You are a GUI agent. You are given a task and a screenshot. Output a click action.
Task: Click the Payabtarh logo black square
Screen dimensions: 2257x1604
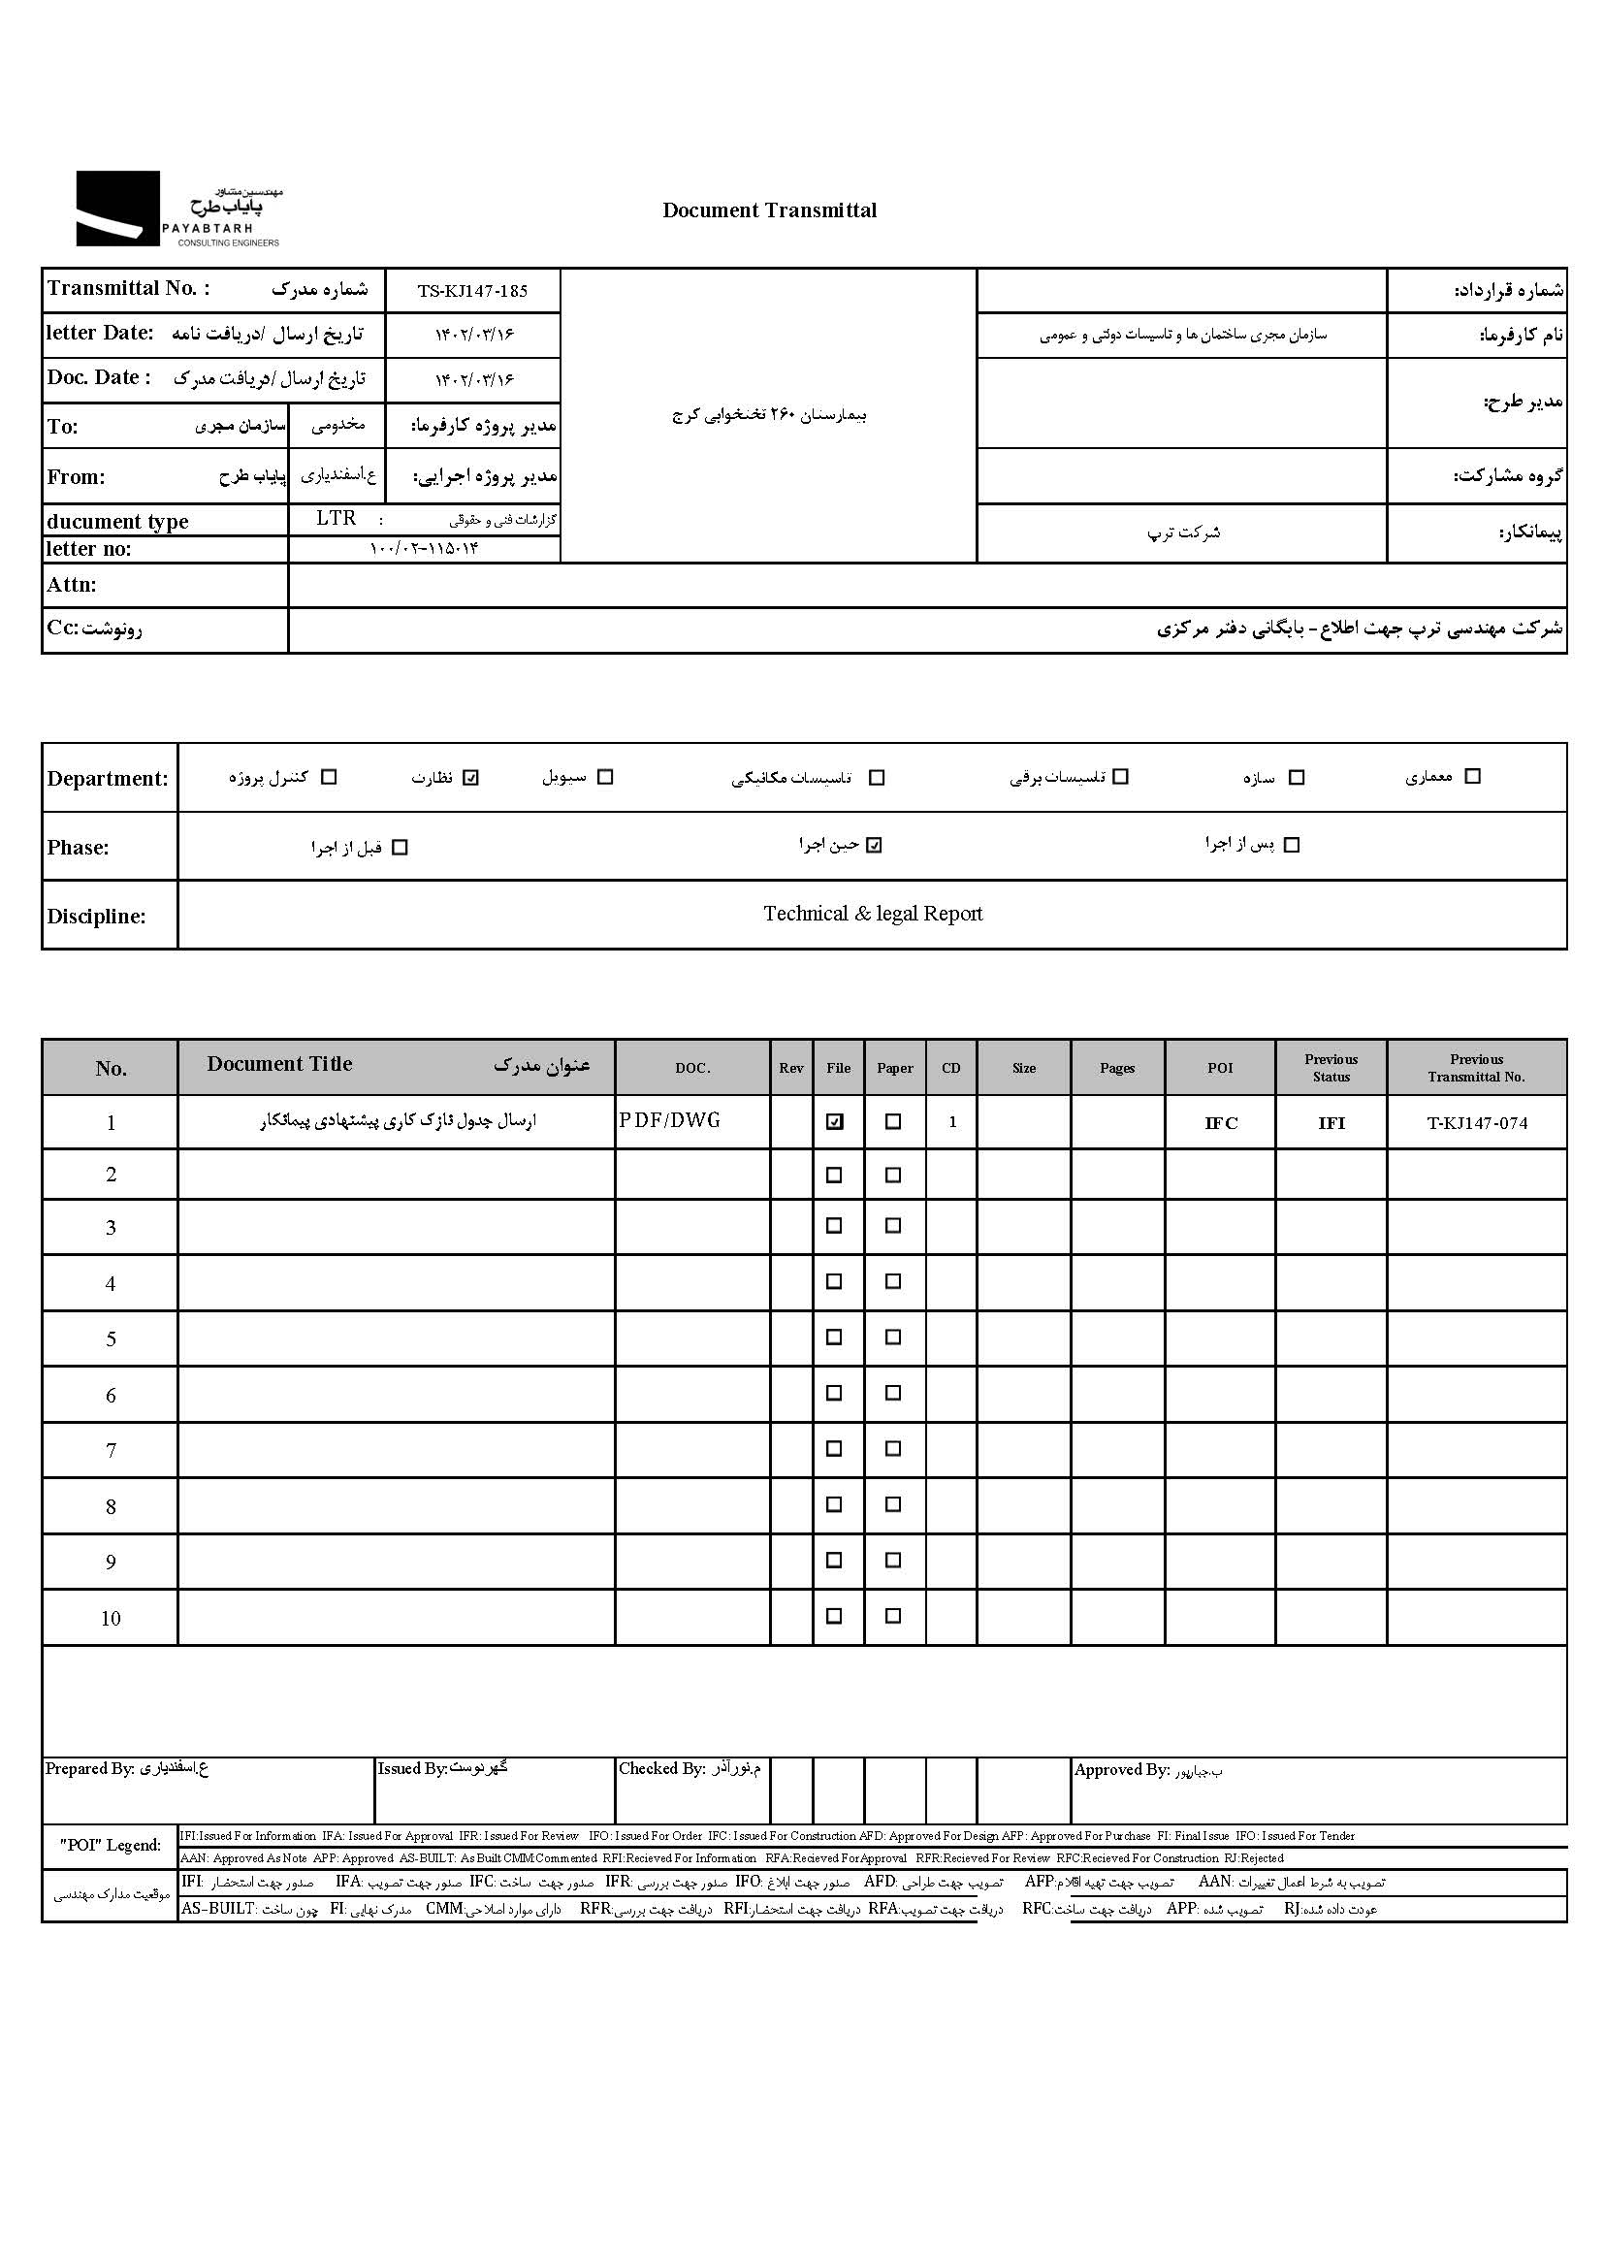117,209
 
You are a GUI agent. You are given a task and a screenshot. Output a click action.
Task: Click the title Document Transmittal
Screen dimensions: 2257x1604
769,210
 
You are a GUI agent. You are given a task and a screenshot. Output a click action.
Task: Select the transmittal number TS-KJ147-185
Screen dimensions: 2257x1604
472,291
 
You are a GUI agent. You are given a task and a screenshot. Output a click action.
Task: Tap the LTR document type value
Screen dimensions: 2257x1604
336,519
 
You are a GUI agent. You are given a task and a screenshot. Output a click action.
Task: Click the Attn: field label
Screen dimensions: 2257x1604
71,585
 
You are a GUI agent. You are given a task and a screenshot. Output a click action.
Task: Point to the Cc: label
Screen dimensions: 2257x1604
62,629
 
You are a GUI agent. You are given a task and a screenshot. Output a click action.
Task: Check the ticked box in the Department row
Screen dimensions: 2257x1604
471,778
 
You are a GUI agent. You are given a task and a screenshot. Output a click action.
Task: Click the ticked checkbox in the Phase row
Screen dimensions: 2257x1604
874,846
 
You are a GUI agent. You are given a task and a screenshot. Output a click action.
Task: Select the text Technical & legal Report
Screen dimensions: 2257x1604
872,914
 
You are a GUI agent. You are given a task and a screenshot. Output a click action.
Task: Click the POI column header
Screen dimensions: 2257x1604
1220,1068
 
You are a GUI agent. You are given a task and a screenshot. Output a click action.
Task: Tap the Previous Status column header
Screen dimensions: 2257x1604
1331,1068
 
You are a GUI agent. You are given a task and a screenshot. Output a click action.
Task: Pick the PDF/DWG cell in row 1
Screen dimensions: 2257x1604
671,1121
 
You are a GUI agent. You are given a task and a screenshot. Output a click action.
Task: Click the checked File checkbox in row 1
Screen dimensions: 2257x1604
835,1122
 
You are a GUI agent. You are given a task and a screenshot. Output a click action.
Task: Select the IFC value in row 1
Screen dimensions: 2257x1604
1221,1123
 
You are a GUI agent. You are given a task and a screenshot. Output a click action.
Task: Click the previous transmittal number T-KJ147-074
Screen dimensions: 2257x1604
1477,1123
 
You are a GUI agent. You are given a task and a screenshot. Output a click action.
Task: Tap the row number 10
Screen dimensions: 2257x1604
111,1619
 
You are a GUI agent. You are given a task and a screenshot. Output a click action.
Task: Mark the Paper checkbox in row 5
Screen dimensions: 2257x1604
893,1338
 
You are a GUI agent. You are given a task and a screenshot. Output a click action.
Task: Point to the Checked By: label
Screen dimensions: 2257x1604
661,1769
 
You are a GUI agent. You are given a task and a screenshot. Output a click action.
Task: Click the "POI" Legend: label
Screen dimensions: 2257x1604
110,1845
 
